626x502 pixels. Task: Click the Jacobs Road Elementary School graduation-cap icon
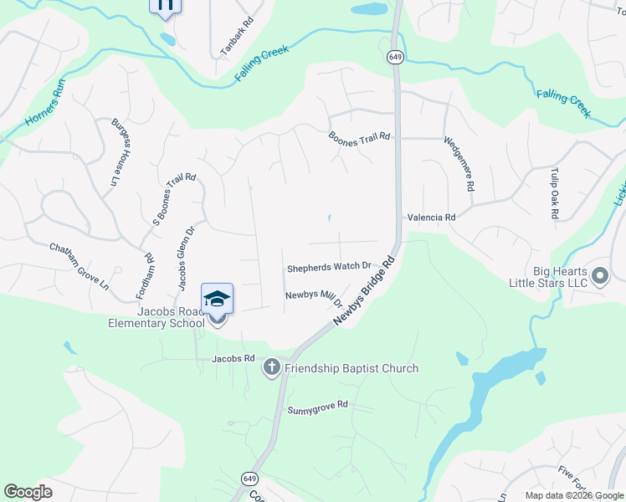point(217,299)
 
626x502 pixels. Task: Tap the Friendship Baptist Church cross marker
point(271,367)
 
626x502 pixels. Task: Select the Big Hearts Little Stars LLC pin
point(600,275)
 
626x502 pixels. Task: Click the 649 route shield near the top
point(396,57)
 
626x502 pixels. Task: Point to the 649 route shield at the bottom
point(249,478)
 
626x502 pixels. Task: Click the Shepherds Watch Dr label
point(329,269)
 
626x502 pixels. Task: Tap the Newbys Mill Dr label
point(315,295)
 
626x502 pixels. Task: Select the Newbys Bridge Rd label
point(363,292)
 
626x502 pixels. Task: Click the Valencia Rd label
point(431,218)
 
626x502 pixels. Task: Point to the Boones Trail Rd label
point(359,138)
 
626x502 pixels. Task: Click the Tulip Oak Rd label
point(554,193)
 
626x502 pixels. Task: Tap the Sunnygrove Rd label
point(317,407)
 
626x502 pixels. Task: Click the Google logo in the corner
point(28,491)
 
